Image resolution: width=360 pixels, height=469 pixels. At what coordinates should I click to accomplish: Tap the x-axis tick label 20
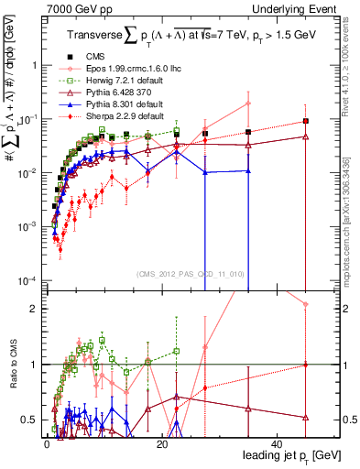(x=162, y=443)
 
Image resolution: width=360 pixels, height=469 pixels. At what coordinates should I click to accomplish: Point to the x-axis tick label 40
(x=278, y=443)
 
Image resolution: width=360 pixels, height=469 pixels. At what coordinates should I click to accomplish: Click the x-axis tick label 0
(x=47, y=443)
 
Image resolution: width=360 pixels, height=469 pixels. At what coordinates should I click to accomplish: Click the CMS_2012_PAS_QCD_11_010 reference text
(x=191, y=273)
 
